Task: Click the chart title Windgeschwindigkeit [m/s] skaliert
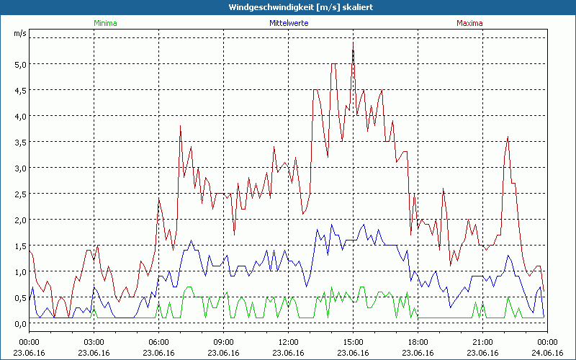287,7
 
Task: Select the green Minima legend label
104,23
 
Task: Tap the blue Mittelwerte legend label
288,23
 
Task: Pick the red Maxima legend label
469,23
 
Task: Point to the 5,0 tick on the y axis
20,64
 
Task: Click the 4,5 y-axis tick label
20,90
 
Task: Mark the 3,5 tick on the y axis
20,142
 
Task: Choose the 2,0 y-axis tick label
20,220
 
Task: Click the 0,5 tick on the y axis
20,297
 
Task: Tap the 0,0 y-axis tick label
20,323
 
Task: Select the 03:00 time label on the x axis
94,342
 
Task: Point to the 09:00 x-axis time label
223,342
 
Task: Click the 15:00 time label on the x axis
353,342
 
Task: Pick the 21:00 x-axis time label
482,342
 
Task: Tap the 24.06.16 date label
547,352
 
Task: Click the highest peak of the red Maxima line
353,43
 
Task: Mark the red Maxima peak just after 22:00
508,137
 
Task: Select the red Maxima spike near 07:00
180,127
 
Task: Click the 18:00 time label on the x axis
418,342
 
